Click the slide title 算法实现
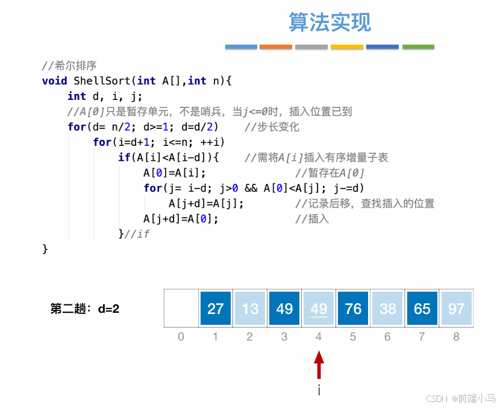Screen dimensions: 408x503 pyautogui.click(x=330, y=22)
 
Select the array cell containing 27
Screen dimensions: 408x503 pyautogui.click(x=216, y=309)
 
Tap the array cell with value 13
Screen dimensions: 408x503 pyautogui.click(x=250, y=309)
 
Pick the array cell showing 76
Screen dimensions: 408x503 pyautogui.click(x=353, y=309)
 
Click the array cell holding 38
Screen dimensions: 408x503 pyautogui.click(x=387, y=309)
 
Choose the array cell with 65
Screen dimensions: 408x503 pyautogui.click(x=422, y=309)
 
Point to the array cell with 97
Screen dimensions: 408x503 pyautogui.click(x=456, y=309)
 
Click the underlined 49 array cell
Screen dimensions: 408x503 pyautogui.click(x=319, y=309)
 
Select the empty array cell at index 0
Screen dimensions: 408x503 pyautogui.click(x=181, y=309)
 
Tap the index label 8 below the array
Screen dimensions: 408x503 pyautogui.click(x=456, y=337)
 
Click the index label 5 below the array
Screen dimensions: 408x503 pyautogui.click(x=353, y=337)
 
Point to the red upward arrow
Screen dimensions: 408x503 pyautogui.click(x=319, y=365)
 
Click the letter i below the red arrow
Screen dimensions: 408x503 pyautogui.click(x=319, y=391)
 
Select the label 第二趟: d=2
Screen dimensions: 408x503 pyautogui.click(x=85, y=309)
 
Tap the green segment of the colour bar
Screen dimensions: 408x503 pyautogui.click(x=418, y=46)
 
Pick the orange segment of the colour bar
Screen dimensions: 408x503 pyautogui.click(x=276, y=46)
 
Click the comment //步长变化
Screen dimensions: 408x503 pyautogui.click(x=272, y=127)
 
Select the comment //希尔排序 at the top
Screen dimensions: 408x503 pyautogui.click(x=69, y=66)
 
